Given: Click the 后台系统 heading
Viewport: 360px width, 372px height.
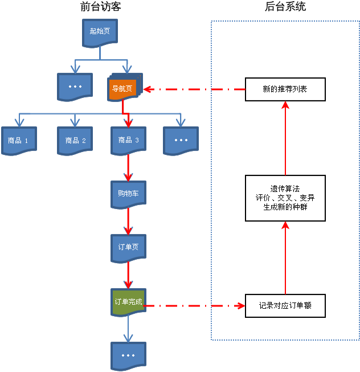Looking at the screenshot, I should tap(285, 7).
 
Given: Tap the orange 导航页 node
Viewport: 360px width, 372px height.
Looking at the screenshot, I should tap(122, 89).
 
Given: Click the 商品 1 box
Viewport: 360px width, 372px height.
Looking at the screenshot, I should tap(18, 140).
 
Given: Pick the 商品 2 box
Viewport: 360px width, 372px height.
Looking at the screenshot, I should tap(75, 140).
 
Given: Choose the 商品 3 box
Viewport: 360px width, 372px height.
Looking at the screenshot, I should tap(128, 140).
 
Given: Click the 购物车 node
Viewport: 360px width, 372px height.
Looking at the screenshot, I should tap(128, 194).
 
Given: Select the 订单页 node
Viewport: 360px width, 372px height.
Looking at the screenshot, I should tap(128, 247).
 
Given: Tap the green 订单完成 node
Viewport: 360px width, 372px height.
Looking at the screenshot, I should tap(128, 302).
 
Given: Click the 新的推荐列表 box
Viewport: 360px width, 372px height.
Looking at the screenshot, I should tap(285, 89).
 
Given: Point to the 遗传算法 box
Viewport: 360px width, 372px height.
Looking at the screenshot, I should tap(285, 198).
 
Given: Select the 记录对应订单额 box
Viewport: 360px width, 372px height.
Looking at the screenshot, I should tap(285, 306).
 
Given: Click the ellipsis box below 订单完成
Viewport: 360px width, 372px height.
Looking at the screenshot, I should tap(128, 355).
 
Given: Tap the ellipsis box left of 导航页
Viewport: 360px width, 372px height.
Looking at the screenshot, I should tap(75, 87).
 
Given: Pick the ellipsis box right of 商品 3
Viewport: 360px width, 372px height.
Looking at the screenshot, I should tap(181, 140).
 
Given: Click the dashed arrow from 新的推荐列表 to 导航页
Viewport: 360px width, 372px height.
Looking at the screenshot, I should tap(194, 89).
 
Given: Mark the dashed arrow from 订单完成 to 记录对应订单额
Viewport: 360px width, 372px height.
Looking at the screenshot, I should tap(194, 306).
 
